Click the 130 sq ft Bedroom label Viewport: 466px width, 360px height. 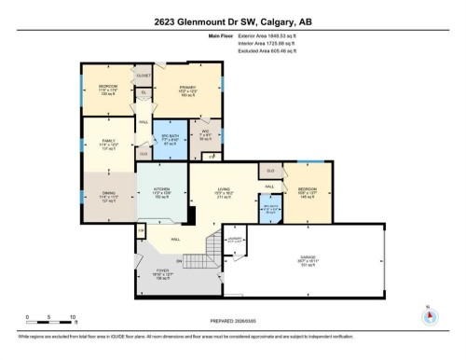click(108, 90)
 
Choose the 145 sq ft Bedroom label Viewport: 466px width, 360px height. click(308, 192)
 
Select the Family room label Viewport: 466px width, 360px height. click(107, 144)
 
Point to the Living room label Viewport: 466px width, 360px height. click(224, 192)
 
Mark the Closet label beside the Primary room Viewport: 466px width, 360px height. click(144, 76)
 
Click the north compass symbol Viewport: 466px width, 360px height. click(430, 314)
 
